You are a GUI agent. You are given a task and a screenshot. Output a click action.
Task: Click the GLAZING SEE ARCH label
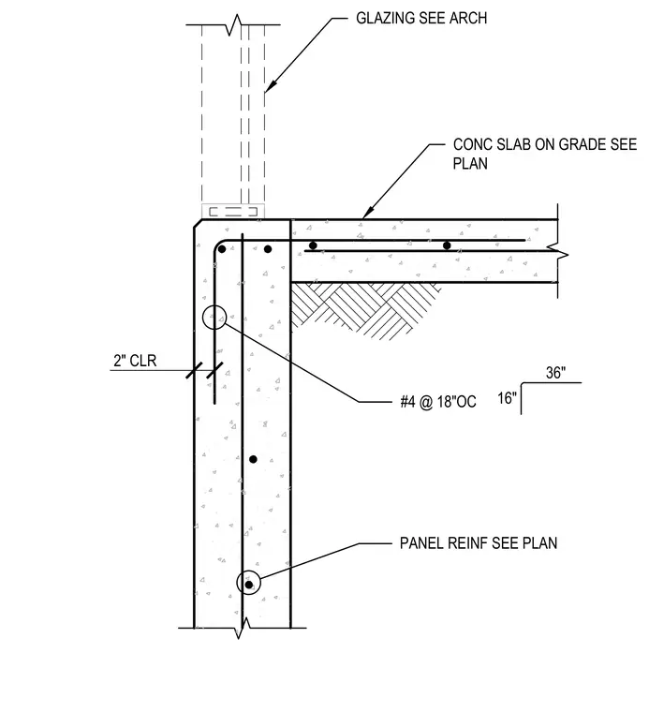[x=421, y=18]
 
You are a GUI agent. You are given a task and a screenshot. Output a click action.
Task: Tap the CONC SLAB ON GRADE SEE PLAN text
[x=545, y=154]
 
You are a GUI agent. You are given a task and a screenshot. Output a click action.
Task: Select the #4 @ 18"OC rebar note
[x=438, y=401]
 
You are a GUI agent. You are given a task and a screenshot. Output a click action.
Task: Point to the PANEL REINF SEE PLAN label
[x=479, y=543]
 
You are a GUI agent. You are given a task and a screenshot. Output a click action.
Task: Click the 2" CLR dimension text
[x=135, y=361]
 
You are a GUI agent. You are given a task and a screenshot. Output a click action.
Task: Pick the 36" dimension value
[x=555, y=373]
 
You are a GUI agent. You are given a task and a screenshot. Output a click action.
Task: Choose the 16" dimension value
[x=507, y=398]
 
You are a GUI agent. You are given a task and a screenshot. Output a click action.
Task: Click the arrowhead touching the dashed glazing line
[x=270, y=86]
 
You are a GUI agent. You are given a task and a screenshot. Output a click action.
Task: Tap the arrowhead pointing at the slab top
[x=368, y=213]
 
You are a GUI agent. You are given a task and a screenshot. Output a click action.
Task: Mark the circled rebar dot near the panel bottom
[x=249, y=585]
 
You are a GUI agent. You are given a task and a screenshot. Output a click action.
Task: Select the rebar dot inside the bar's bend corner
[x=222, y=249]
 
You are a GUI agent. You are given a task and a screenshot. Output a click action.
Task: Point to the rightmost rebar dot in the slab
[x=447, y=245]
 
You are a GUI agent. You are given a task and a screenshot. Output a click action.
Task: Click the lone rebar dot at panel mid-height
[x=253, y=460]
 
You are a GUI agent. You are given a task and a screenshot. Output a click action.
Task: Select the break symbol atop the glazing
[x=234, y=25]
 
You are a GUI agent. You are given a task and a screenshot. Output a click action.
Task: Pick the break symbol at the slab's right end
[x=558, y=252]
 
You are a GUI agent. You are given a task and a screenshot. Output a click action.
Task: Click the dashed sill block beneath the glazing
[x=233, y=211]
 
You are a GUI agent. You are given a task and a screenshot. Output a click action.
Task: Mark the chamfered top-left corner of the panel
[x=198, y=224]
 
